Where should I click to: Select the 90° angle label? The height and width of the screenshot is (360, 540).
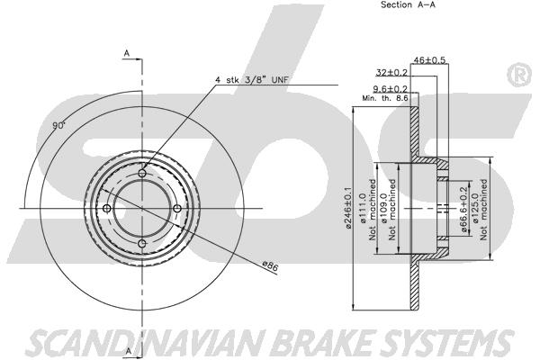tap(59, 127)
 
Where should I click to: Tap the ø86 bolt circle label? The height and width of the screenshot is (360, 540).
tap(269, 265)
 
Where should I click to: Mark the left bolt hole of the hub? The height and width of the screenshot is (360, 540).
tap(108, 210)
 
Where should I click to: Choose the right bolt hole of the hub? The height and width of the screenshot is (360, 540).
tap(176, 210)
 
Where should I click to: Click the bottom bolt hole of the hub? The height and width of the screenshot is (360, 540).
tap(142, 244)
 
